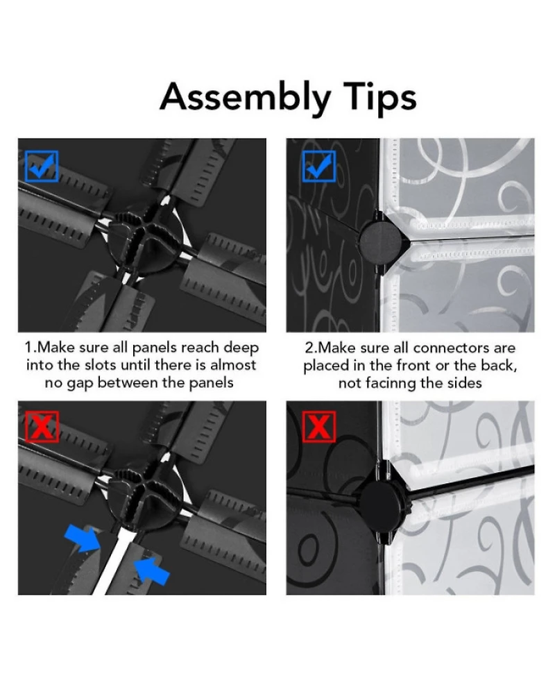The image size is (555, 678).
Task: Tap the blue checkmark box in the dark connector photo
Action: click(42, 166)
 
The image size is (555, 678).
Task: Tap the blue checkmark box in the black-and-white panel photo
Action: click(319, 166)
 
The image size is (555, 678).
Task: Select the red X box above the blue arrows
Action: click(42, 427)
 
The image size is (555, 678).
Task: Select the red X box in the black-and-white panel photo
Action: click(319, 427)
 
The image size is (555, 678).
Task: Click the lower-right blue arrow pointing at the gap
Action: click(151, 570)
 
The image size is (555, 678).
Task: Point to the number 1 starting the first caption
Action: click(28, 348)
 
